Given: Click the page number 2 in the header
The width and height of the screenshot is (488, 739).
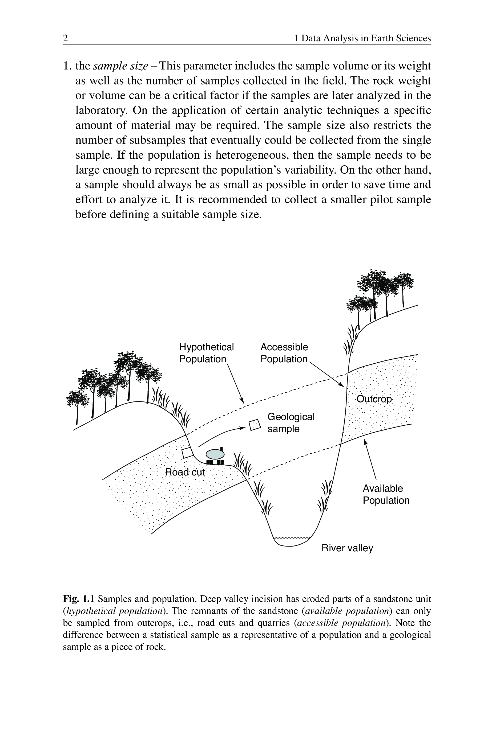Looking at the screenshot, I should (65, 38).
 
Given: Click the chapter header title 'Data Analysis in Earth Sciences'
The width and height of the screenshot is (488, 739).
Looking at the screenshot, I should (366, 38).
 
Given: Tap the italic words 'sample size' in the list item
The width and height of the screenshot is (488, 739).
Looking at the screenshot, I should (120, 66).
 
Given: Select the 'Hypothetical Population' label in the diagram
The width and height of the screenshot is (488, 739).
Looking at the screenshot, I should (206, 353).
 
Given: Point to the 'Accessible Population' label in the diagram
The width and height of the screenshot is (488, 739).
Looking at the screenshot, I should (284, 353).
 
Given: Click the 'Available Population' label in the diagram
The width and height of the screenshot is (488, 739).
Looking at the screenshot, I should (386, 494).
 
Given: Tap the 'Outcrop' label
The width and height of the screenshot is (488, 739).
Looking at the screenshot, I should (374, 399).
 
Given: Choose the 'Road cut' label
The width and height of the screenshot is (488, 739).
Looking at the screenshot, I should (185, 472).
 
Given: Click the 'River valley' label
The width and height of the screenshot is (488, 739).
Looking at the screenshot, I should (347, 548).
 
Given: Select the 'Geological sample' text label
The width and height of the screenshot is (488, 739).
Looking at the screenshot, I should (291, 423).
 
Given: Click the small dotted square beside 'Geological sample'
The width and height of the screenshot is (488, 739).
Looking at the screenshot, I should (255, 425).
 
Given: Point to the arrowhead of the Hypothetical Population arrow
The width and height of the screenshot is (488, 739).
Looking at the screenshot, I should (242, 401).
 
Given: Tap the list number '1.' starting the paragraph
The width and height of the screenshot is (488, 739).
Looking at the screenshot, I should (68, 66).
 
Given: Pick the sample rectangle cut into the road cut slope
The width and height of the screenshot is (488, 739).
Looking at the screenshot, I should (187, 453).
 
